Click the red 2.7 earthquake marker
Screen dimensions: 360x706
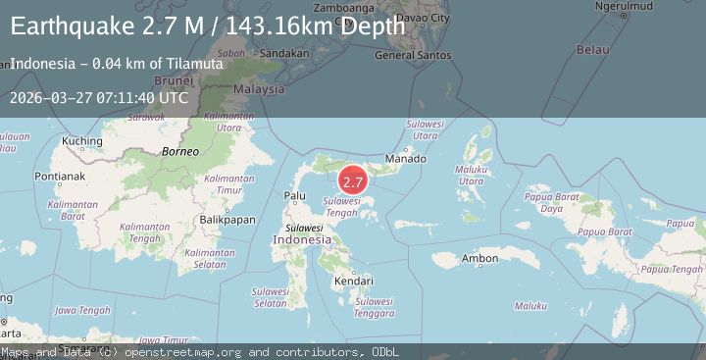(353, 181)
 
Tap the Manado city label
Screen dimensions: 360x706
(405, 159)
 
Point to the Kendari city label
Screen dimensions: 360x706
(353, 282)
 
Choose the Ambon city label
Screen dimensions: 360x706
(479, 259)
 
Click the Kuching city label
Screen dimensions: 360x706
(81, 141)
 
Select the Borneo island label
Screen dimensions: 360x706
(180, 152)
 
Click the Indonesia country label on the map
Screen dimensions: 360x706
(302, 239)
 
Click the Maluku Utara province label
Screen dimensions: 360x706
(472, 175)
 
